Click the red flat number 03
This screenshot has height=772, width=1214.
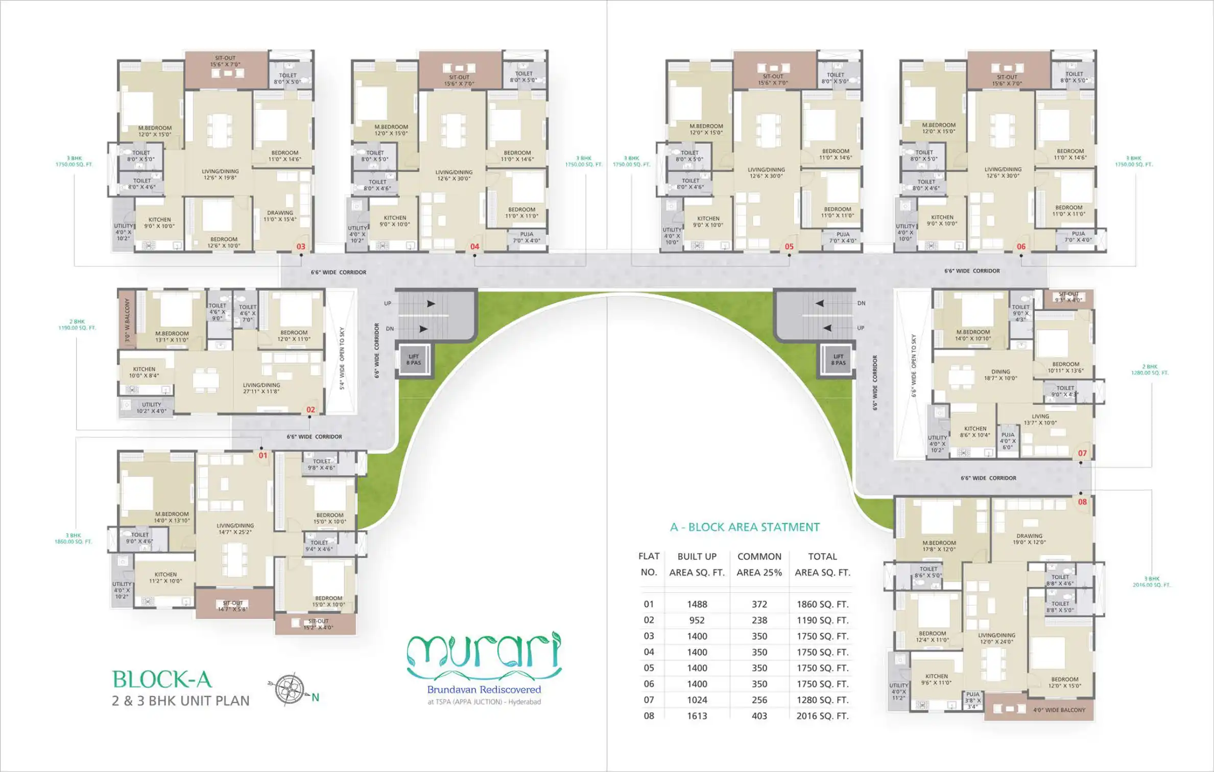(301, 246)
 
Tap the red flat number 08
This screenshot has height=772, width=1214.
(1082, 502)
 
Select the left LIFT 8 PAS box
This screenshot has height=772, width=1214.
(414, 360)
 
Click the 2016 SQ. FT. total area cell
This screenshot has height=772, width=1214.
(822, 716)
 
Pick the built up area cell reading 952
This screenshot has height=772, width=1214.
(697, 620)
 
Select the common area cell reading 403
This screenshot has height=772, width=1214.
(759, 716)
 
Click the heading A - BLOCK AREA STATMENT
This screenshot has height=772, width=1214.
(744, 527)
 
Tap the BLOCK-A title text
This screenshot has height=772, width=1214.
(162, 680)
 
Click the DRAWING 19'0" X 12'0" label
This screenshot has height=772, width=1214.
(1029, 539)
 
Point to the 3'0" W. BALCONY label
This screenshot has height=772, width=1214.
(127, 320)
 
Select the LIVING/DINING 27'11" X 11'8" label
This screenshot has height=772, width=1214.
(261, 388)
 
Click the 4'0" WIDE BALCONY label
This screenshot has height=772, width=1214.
(1059, 710)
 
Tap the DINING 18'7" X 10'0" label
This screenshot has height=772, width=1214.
(1000, 375)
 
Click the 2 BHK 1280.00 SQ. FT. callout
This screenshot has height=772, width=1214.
(1149, 369)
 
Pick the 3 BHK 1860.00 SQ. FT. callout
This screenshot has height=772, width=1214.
(74, 538)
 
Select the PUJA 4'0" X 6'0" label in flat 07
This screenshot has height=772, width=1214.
(1007, 441)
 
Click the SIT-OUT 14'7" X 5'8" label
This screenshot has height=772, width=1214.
(232, 606)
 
